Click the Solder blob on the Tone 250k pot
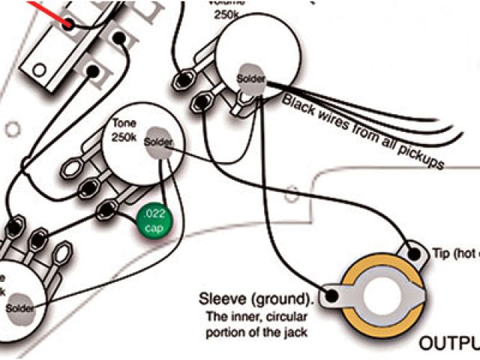pyautogui.click(x=159, y=142)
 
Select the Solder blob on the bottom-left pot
pyautogui.click(x=20, y=307)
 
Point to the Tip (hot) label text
pyautogui.click(x=454, y=254)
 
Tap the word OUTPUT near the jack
pyautogui.click(x=448, y=343)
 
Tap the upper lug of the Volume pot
pyautogui.click(x=185, y=76)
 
